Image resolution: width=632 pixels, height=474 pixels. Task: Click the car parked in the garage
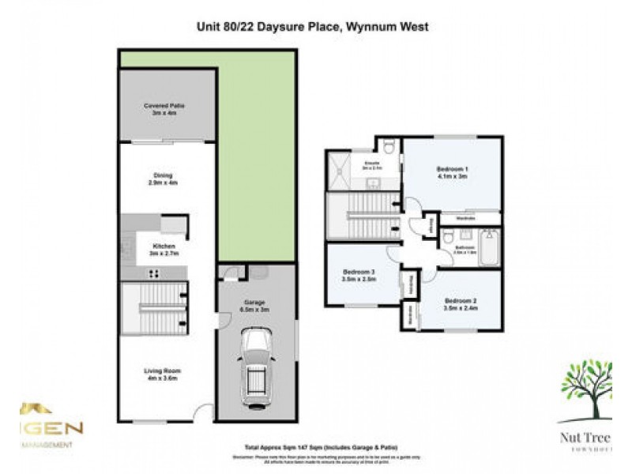pos(257,364)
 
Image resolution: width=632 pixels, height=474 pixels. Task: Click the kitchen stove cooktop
pos(154,274)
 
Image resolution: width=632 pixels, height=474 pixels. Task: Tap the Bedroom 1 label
pos(453,172)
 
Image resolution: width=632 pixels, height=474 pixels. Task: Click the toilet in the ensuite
pos(389,147)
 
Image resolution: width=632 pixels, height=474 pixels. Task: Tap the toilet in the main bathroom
pos(449,236)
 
